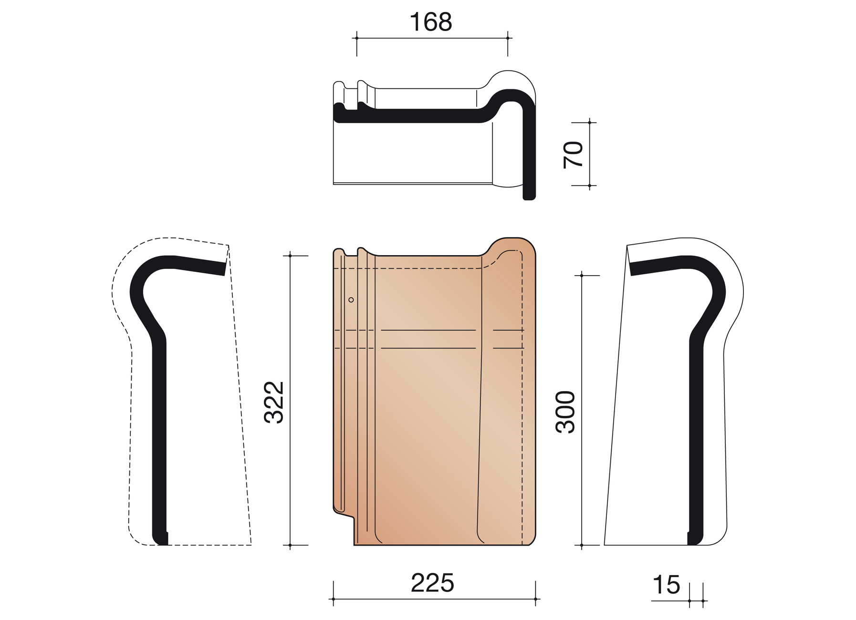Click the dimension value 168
point(431,22)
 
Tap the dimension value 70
point(574,155)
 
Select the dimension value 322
point(274,402)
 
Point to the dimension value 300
point(566,412)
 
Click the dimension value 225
point(432,583)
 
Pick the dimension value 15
point(666,585)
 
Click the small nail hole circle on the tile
point(351,300)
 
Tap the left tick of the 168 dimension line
point(357,38)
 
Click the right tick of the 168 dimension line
point(508,38)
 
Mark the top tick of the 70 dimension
point(590,123)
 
